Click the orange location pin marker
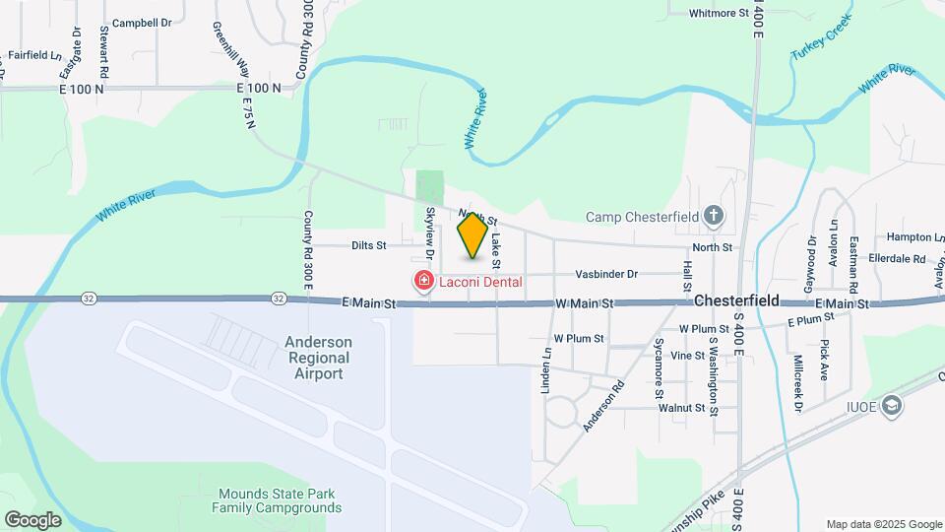(x=472, y=235)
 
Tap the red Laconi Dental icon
(x=424, y=282)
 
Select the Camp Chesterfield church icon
(x=715, y=216)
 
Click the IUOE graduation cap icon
(x=892, y=407)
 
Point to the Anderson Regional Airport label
(x=318, y=358)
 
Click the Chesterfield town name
(x=736, y=300)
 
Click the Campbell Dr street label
(x=142, y=22)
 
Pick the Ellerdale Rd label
(x=897, y=259)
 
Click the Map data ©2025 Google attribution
(x=883, y=524)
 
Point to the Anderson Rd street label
(x=603, y=406)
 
